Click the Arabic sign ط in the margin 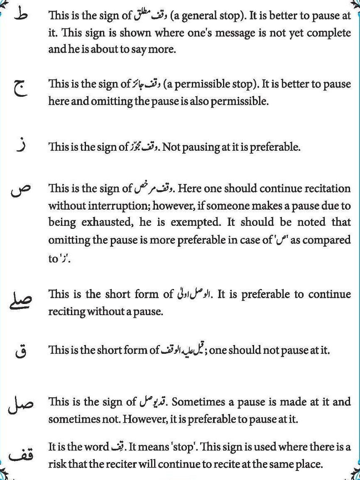[x=20, y=15]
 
